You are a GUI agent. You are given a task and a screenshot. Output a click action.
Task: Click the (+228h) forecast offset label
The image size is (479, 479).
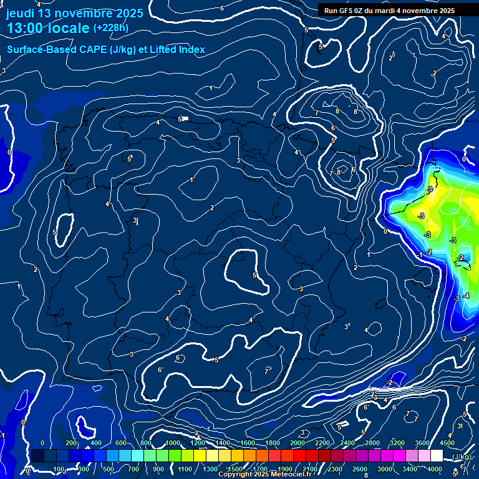[x=110, y=28]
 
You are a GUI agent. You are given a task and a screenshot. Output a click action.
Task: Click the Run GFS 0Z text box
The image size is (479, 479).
[x=389, y=11]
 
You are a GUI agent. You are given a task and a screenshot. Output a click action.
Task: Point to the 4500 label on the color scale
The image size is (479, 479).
[x=447, y=443]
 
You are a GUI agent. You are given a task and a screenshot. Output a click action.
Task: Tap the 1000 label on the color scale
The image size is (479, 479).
[x=172, y=443]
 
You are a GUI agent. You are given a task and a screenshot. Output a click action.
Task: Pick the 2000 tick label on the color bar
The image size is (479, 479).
[x=297, y=443]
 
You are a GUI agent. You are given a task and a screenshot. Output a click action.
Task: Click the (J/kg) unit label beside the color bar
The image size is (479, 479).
[x=461, y=458]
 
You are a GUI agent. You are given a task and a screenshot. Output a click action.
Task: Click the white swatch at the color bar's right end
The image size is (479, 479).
[x=437, y=457]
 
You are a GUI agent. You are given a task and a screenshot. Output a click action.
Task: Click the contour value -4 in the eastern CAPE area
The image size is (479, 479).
[x=465, y=295]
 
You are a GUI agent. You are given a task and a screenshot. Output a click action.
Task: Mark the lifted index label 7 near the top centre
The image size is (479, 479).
[x=317, y=113]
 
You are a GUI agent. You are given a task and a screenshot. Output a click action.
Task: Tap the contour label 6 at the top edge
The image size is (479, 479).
[x=221, y=8]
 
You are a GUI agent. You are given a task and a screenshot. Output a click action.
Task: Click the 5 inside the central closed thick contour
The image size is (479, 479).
[x=254, y=275]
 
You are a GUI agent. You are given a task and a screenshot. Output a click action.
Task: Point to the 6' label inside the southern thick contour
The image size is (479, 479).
[x=160, y=370]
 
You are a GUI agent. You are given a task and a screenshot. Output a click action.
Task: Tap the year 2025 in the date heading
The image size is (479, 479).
[x=128, y=13]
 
